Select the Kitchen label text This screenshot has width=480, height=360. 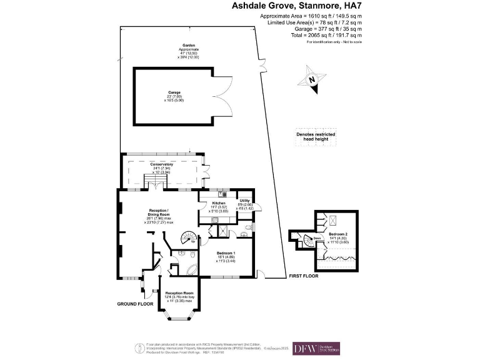[x=219, y=204]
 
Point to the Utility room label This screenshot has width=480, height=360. [x=245, y=201]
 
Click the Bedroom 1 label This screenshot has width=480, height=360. [x=225, y=253]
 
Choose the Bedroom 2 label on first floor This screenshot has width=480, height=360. [x=339, y=233]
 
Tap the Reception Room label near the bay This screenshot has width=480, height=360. [x=179, y=293]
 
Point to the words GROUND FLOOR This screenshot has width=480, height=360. [x=135, y=304]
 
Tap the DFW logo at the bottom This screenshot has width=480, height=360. [x=320, y=348]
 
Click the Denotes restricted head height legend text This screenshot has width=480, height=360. [x=316, y=137]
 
